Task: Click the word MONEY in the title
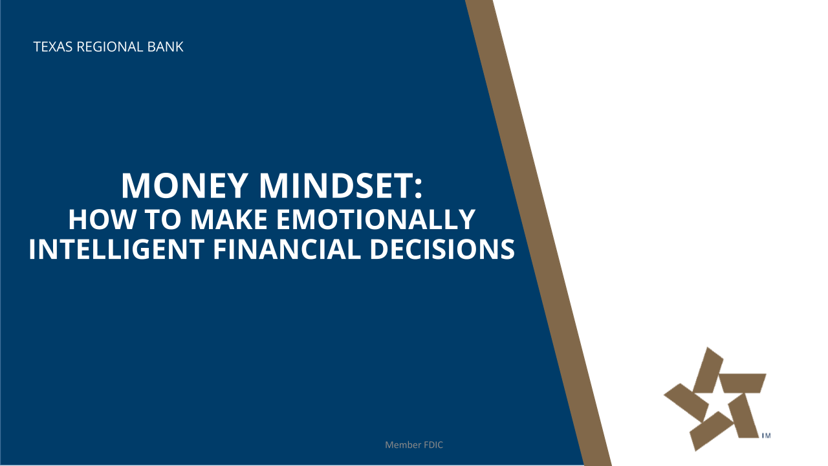tap(185, 186)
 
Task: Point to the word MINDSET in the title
tap(336, 186)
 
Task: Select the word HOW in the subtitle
tap(102, 219)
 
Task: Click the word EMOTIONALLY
tap(376, 219)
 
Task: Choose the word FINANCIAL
tap(287, 249)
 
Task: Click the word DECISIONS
tap(442, 249)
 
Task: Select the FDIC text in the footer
tap(433, 445)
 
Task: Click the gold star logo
tap(715, 399)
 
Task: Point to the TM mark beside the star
tap(767, 436)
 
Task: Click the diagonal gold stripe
tap(538, 233)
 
